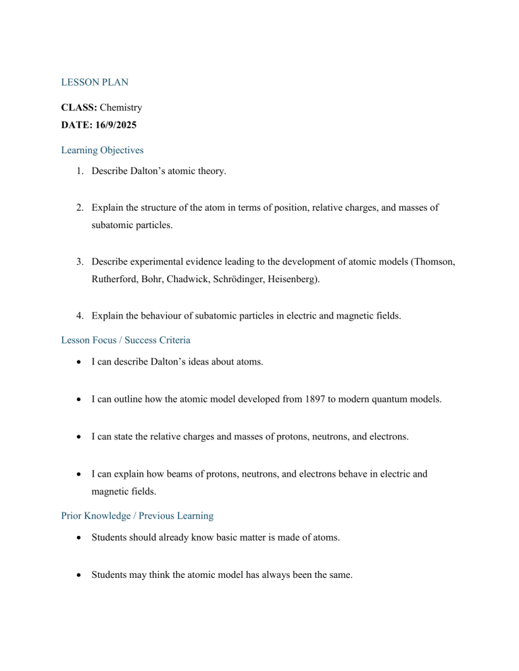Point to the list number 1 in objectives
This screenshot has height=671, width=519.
[x=78, y=171]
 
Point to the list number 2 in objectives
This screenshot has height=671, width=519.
[x=78, y=209]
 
